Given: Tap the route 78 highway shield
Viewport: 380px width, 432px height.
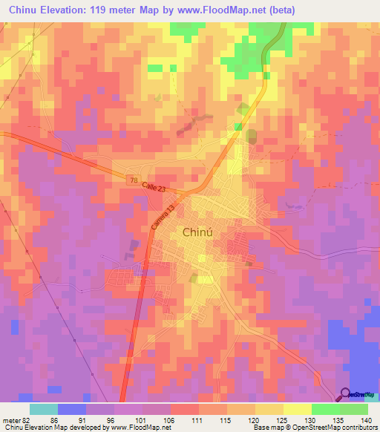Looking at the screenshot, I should point(132,180).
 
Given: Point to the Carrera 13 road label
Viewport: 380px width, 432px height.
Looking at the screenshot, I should point(166,217).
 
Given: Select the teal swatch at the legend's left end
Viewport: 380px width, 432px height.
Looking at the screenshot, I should point(44,408).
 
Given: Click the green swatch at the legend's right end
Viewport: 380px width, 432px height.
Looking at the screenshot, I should point(354,408).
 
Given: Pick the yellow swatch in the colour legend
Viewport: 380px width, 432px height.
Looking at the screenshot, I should point(297,408).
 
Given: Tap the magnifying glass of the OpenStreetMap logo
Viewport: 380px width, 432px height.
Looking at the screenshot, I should point(346,395).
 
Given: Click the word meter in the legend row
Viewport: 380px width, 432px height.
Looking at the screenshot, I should point(10,419).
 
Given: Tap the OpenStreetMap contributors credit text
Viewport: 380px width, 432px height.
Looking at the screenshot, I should point(335,428).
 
